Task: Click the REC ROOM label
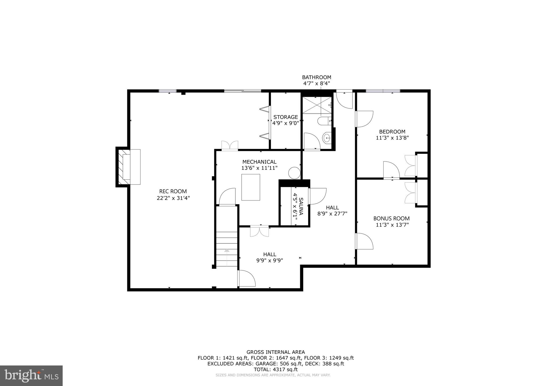(173, 191)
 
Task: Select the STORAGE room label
(286, 117)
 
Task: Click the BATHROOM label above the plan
(316, 77)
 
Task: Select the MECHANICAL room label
(259, 162)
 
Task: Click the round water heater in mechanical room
(294, 173)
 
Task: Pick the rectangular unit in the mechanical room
(251, 187)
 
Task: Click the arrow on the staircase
(227, 250)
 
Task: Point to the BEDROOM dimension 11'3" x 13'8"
(392, 138)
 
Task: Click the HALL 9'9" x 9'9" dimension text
(270, 261)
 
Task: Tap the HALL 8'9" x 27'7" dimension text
(332, 214)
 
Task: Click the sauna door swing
(317, 196)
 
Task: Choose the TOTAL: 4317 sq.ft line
(276, 369)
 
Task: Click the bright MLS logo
(31, 376)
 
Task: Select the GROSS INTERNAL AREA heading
(276, 352)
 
